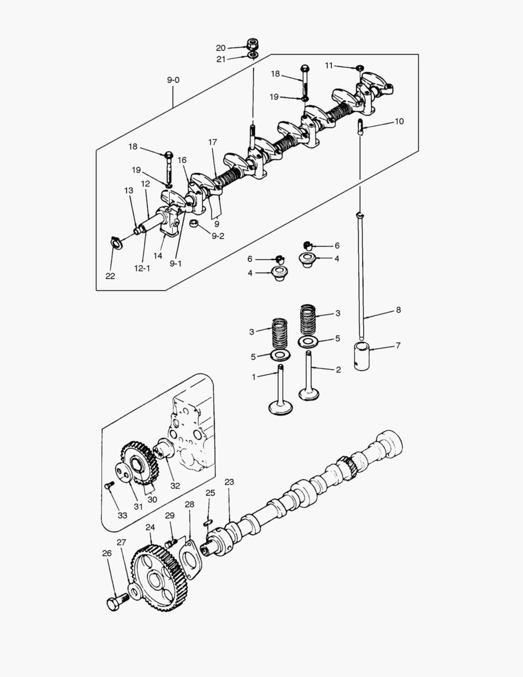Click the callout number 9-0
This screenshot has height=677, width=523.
tap(173, 80)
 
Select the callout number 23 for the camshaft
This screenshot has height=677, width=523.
tap(229, 482)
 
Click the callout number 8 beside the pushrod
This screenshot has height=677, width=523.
tap(398, 310)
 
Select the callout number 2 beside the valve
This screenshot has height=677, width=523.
tap(338, 370)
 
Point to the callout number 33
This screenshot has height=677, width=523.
tap(122, 515)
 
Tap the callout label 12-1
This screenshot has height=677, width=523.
tap(142, 268)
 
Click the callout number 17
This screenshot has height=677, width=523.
tap(212, 143)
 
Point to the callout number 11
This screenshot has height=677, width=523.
tap(329, 65)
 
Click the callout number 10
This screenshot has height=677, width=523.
tap(399, 121)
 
